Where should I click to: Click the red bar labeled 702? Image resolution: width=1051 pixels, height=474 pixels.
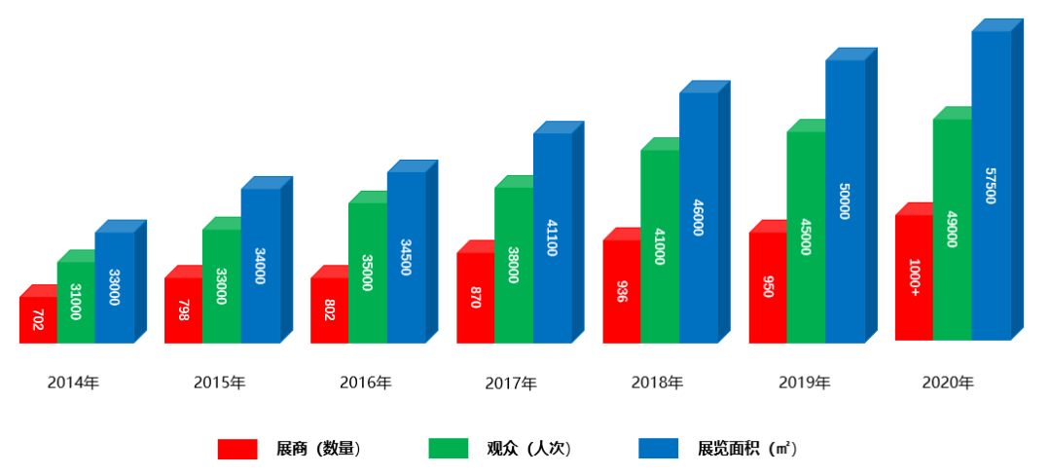tap(38, 319)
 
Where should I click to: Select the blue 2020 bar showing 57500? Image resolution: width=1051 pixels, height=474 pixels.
tap(991, 185)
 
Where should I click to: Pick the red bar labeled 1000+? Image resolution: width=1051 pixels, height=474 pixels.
tap(914, 277)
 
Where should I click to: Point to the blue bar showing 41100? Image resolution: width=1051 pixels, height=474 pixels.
tap(552, 237)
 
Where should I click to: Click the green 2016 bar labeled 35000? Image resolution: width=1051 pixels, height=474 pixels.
tap(368, 273)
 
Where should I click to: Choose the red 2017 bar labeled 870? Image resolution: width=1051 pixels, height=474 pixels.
tap(475, 298)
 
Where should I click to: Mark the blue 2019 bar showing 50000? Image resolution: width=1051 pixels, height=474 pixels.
tap(845, 201)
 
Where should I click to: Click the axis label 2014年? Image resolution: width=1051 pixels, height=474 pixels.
tap(73, 383)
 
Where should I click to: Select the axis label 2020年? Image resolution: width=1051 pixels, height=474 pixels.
tap(948, 383)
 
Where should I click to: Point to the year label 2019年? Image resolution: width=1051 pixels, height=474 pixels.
tap(804, 383)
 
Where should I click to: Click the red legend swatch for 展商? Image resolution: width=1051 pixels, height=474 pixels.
tap(237, 449)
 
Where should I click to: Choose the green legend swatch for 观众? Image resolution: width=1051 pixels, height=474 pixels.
tap(449, 449)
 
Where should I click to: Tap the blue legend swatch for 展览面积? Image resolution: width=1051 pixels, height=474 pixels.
tap(658, 449)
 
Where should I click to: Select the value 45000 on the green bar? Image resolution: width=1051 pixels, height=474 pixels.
tap(806, 237)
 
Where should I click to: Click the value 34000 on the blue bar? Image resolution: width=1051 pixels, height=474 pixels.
tap(260, 266)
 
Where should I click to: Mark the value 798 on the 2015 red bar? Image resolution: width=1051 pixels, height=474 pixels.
tap(183, 310)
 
